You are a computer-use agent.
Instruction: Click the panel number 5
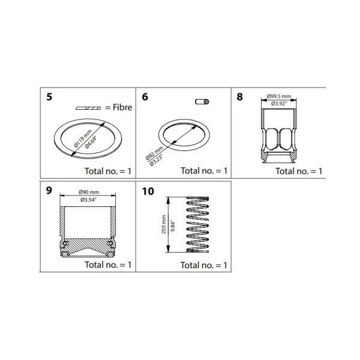(x=49, y=97)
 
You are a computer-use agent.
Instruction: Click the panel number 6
(x=145, y=97)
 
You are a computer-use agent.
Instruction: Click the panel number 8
(x=240, y=97)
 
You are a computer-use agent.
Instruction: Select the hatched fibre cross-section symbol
(x=88, y=108)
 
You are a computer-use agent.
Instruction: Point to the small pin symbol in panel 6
(x=203, y=103)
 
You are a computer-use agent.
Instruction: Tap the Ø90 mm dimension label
(x=89, y=192)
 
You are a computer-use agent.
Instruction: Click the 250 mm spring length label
(x=164, y=226)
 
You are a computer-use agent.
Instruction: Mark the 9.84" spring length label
(x=172, y=226)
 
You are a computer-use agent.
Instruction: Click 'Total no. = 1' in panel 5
(x=108, y=171)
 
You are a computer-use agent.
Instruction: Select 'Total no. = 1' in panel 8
(x=299, y=171)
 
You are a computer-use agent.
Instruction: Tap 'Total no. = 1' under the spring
(x=204, y=265)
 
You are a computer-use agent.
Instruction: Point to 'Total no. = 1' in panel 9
(x=108, y=265)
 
